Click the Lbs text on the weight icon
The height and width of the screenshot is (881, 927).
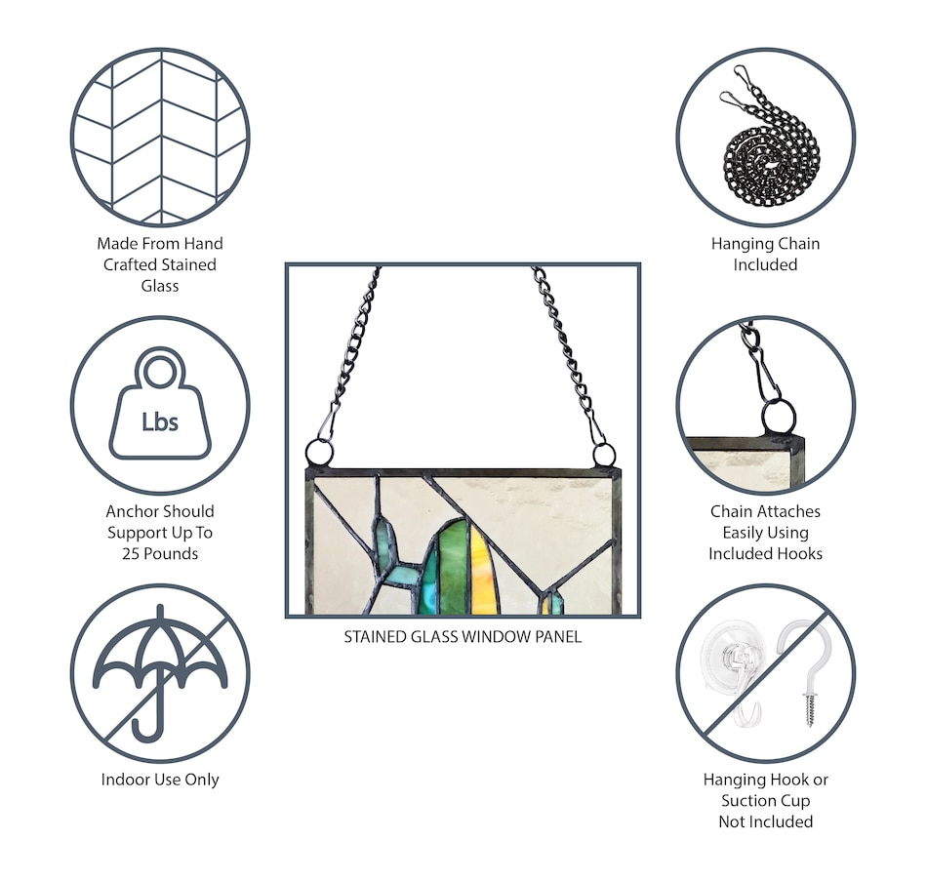(160, 421)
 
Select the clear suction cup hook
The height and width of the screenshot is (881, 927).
(735, 669)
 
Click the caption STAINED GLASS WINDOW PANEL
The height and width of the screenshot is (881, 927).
(463, 637)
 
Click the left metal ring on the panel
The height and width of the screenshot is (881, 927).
(319, 453)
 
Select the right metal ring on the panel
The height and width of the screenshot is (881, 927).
(604, 456)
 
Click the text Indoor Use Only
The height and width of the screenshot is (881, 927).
(160, 780)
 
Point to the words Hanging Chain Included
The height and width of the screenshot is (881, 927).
(766, 255)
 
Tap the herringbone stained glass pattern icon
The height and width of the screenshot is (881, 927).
(160, 138)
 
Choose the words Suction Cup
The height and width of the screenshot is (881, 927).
(766, 801)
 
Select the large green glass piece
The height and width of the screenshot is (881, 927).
(452, 567)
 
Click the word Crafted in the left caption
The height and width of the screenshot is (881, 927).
(131, 264)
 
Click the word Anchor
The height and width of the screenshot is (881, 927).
(130, 511)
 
